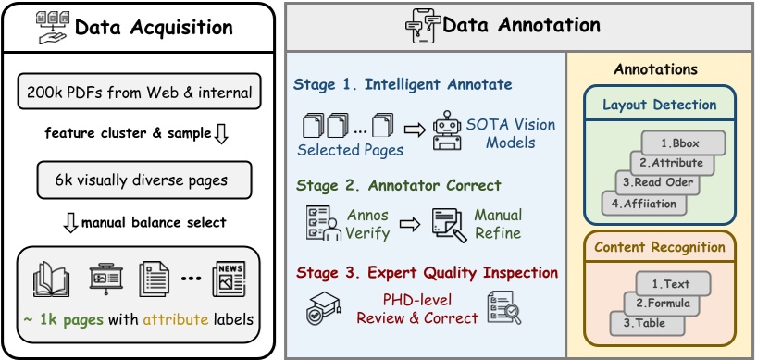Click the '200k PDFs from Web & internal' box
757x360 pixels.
[x=140, y=92]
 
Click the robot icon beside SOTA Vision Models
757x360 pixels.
[x=449, y=131]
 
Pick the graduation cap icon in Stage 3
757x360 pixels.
[x=319, y=309]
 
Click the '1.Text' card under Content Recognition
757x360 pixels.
[x=675, y=283]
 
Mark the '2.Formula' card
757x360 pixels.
[x=660, y=303]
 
